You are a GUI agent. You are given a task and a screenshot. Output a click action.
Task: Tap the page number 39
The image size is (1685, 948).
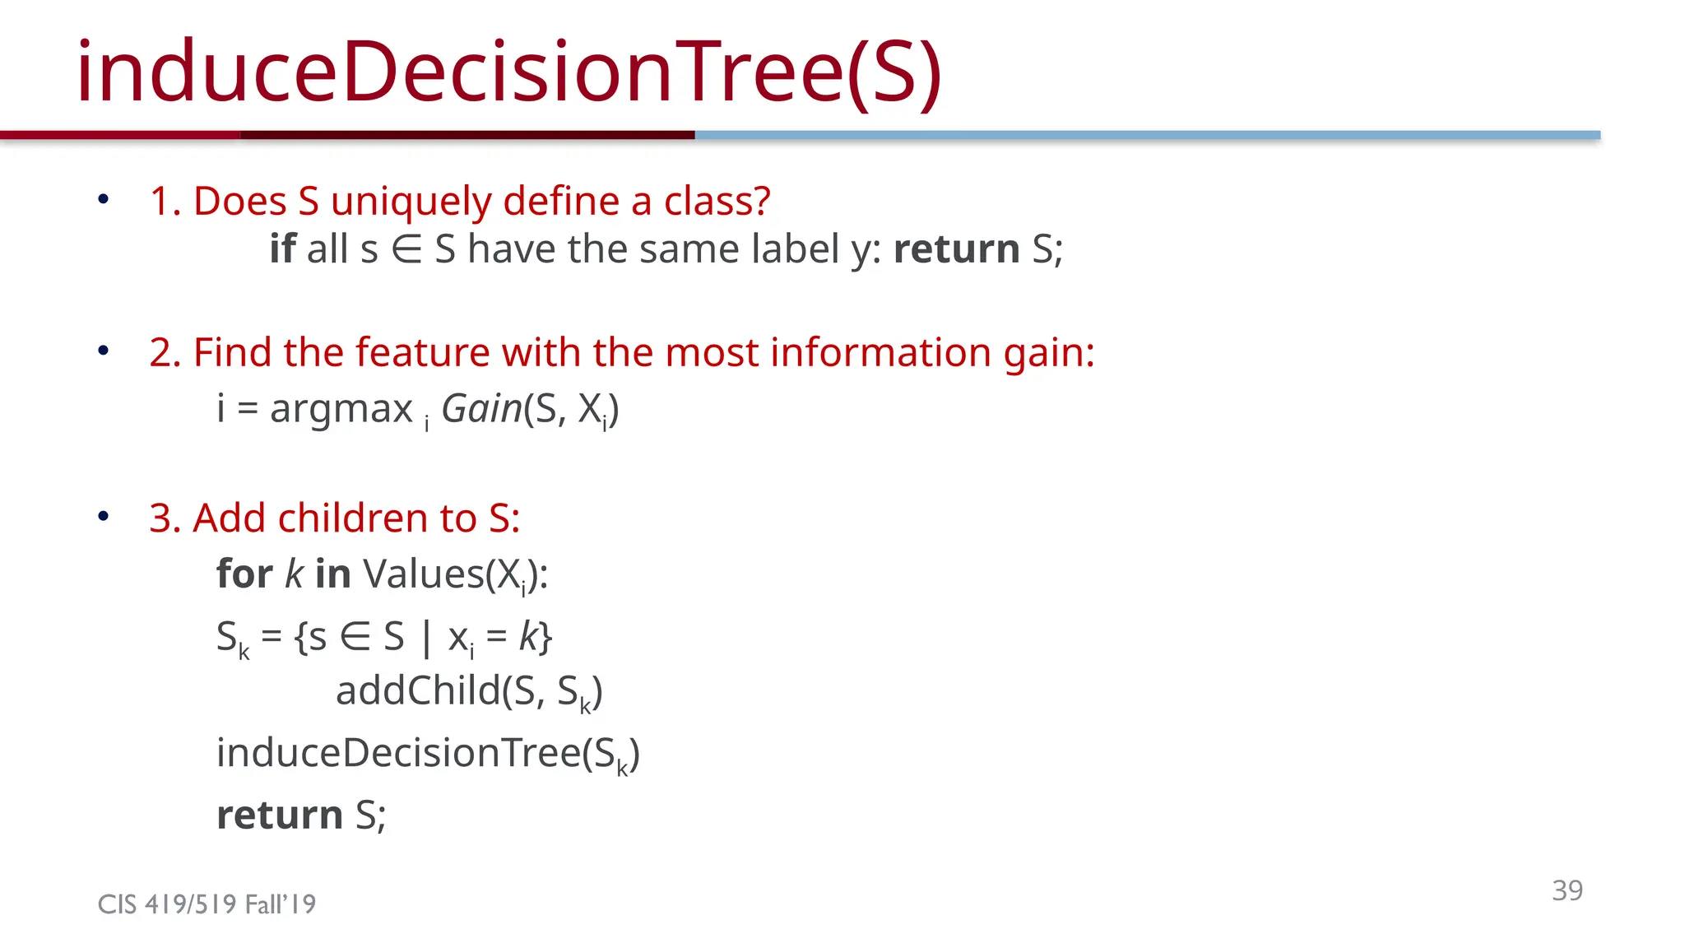point(1567,890)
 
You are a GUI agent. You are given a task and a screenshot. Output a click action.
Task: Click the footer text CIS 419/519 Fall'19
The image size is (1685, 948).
point(207,904)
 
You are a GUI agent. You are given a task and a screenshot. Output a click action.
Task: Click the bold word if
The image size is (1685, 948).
point(282,249)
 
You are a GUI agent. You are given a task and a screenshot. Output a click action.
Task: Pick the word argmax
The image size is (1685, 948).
point(341,409)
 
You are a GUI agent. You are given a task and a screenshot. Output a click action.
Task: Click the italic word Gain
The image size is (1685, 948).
point(481,409)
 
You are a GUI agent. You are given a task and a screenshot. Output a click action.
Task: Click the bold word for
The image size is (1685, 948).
point(244,574)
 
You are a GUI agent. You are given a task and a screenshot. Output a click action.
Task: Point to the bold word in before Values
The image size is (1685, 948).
point(332,574)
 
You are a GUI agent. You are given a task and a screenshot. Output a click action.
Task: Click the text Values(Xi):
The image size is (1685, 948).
point(455,575)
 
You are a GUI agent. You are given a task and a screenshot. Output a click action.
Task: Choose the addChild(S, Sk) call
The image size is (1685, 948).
point(469,691)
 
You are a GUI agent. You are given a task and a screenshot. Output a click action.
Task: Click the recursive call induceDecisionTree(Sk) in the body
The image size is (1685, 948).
point(428,754)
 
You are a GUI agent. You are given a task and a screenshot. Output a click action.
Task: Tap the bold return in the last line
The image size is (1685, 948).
point(280,816)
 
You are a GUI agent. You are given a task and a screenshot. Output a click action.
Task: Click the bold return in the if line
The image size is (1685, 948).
point(956,249)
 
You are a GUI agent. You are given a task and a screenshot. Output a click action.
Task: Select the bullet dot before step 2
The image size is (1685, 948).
point(103,351)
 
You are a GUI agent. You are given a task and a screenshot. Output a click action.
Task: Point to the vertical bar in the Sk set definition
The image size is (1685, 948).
point(426,638)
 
